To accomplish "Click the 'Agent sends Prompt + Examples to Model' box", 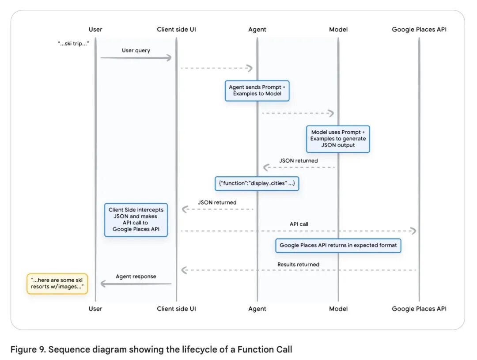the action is click(257, 91).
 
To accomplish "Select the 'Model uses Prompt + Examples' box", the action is click(338, 139).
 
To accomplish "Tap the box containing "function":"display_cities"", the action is click(257, 183).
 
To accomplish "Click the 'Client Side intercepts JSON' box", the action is click(136, 220).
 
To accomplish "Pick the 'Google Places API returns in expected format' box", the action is click(338, 246).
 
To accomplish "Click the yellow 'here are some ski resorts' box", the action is click(57, 284).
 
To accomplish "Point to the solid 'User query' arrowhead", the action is click(168, 58).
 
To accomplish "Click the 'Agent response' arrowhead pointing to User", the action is click(103, 284).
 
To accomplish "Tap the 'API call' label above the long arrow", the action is click(299, 224).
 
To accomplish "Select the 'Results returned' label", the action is click(298, 265).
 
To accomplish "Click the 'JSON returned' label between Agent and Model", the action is click(299, 161).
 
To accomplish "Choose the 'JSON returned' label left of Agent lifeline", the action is click(217, 202).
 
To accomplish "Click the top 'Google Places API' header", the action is click(419, 30).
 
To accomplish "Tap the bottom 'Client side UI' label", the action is click(176, 309).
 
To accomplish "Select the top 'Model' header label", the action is click(338, 30).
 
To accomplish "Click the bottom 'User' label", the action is click(95, 309).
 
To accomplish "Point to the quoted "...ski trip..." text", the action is click(73, 44).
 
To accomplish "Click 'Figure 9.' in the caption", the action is click(28, 349).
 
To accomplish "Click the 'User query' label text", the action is click(136, 50).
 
